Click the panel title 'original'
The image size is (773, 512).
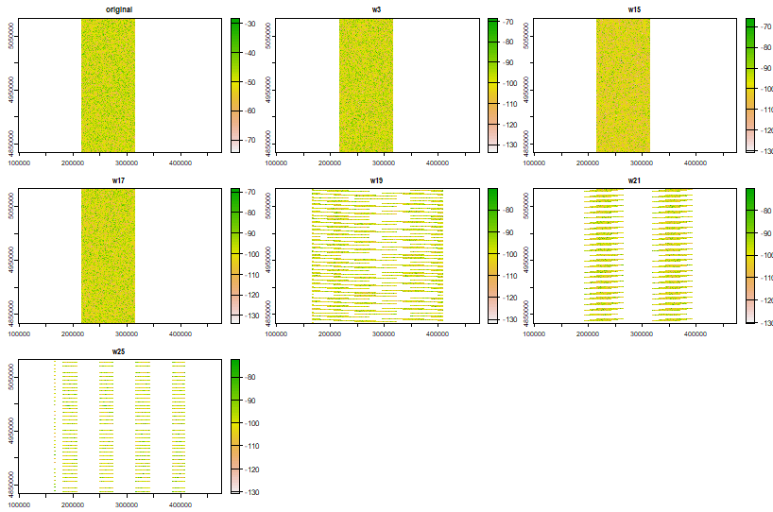click(118, 9)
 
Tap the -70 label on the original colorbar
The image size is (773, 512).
click(252, 139)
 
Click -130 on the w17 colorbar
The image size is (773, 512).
click(252, 316)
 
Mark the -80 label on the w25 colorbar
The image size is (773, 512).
click(252, 378)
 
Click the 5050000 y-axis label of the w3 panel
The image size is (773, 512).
click(269, 36)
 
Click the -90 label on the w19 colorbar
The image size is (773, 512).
click(510, 231)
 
